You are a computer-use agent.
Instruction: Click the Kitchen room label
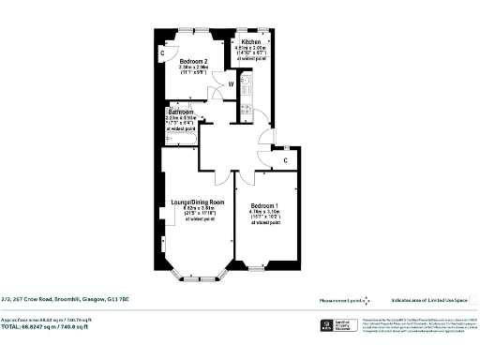(251, 43)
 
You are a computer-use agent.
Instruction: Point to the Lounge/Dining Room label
(197, 202)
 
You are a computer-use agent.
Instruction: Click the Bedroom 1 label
(264, 205)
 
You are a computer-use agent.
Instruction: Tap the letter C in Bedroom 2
(162, 53)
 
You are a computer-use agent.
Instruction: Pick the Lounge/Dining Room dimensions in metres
(197, 208)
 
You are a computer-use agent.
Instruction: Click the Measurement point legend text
(341, 300)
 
